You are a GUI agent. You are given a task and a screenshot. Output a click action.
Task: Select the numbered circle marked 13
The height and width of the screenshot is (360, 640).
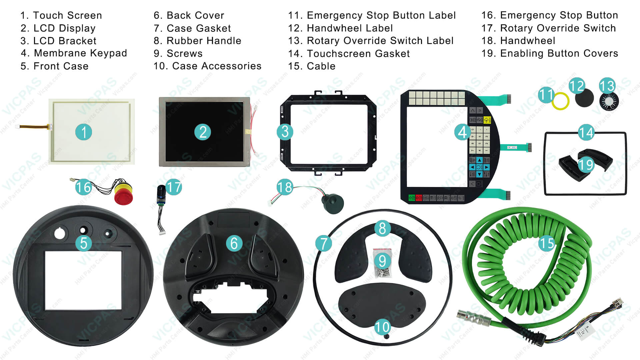[607, 86]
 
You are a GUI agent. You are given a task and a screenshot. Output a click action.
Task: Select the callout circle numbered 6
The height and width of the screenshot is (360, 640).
[234, 243]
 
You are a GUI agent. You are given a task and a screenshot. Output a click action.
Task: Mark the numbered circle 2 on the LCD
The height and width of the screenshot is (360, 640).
[203, 132]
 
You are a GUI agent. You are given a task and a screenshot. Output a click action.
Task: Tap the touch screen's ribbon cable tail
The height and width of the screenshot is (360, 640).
[33, 126]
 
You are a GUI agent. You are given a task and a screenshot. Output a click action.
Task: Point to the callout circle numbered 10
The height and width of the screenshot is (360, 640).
[382, 327]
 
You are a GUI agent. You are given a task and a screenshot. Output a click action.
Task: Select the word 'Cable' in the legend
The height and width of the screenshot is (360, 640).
[321, 66]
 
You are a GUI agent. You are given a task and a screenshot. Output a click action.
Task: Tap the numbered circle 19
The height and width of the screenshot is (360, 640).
[586, 165]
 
